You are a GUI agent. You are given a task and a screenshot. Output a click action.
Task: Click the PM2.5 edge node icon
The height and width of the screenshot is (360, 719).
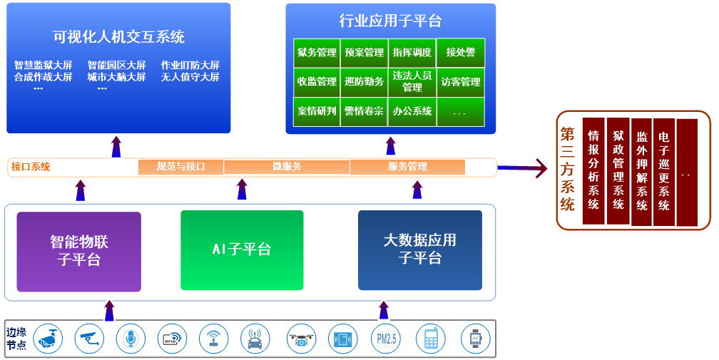(x=386, y=339)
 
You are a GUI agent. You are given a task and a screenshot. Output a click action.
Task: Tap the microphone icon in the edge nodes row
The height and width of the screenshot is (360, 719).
(x=131, y=339)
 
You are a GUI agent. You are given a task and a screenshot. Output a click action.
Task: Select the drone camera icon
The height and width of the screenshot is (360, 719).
(x=302, y=339)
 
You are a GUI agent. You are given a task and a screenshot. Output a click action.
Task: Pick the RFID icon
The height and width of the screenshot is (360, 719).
(x=172, y=339)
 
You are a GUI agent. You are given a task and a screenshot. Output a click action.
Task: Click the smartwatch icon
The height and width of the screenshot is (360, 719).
(x=475, y=339)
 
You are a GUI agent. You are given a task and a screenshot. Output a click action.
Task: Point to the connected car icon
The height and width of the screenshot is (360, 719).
(x=255, y=339)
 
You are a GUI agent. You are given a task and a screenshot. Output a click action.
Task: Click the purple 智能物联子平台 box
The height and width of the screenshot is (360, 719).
(x=79, y=251)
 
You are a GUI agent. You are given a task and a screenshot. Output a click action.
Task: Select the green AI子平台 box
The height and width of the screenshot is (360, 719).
(x=242, y=250)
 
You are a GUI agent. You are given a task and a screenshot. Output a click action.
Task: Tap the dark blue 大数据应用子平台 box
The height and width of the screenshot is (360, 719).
(x=419, y=250)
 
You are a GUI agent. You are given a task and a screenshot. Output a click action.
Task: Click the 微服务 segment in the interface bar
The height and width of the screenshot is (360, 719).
(x=287, y=167)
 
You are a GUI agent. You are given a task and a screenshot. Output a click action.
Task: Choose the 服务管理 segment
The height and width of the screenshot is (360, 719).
(x=407, y=167)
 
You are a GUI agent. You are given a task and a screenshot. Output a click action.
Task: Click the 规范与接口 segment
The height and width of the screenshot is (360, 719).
(x=180, y=167)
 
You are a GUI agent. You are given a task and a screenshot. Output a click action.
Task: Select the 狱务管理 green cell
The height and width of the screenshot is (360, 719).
(x=317, y=53)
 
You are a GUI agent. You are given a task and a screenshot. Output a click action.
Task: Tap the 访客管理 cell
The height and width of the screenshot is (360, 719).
(x=461, y=82)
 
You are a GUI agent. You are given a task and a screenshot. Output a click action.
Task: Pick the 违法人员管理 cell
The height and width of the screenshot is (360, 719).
(x=412, y=82)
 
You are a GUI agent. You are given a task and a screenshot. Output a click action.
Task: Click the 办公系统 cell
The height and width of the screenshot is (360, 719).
(x=412, y=111)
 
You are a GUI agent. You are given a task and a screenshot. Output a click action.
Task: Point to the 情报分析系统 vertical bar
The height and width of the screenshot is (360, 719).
(x=593, y=171)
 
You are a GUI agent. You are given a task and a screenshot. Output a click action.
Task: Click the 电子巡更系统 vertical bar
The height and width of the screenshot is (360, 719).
(x=664, y=171)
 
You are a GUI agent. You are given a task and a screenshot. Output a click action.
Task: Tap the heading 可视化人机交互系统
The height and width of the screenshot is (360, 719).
(x=118, y=36)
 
